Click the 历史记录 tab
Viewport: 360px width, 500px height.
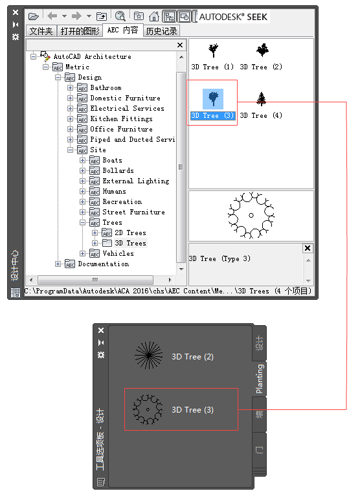coord(161,31)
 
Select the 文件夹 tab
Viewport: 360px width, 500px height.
coord(41,31)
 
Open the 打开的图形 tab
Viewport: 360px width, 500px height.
coord(80,31)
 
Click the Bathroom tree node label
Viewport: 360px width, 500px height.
coord(106,87)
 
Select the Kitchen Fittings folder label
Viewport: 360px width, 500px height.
coord(122,119)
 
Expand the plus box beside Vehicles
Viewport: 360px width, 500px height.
coord(83,253)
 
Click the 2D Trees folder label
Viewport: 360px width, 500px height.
coord(130,233)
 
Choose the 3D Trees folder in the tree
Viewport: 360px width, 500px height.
coord(130,243)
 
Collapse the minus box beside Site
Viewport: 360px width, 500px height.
coord(70,150)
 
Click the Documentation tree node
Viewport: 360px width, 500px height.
coord(104,264)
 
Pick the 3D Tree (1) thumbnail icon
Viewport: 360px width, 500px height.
coord(213,51)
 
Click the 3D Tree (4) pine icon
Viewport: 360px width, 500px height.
coord(262,99)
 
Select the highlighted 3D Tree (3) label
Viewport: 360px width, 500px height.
coord(212,115)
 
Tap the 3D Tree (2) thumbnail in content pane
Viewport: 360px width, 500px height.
coord(262,50)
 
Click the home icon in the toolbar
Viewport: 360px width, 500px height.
coord(154,16)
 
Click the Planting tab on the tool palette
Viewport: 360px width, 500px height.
coord(260,379)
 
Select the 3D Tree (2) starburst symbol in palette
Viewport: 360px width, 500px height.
coord(148,355)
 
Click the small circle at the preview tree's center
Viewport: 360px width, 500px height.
coord(251,216)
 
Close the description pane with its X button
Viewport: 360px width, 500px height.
coord(308,248)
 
